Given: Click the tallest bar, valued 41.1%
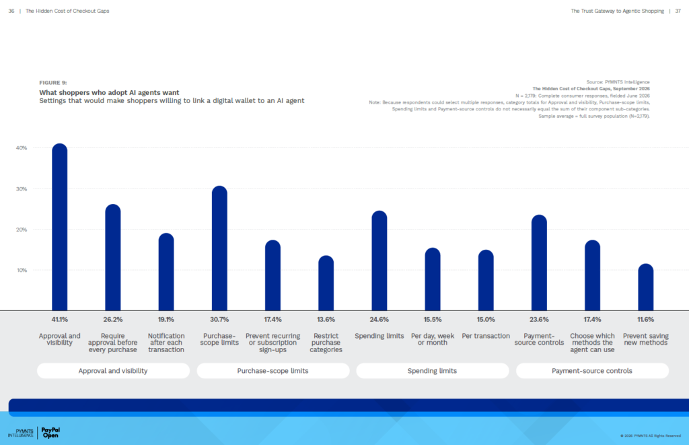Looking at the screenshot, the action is point(60,227).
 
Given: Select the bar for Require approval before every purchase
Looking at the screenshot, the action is point(113,257).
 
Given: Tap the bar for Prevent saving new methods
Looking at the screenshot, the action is point(645,287).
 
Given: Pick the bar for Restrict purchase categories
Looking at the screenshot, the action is point(326,283).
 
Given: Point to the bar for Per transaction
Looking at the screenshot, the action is point(486,280).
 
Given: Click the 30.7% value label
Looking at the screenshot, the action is point(219,320).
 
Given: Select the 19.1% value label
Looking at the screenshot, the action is point(166,320).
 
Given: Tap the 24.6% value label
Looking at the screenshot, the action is point(379,320).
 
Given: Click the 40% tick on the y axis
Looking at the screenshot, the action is point(22,148).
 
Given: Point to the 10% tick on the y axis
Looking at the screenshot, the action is point(22,271).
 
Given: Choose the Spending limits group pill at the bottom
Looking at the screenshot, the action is point(433,371).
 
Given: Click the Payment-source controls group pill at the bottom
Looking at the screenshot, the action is point(592,371).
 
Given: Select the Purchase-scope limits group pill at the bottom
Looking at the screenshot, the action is point(273,371).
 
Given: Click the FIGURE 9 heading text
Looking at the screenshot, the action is point(53,83).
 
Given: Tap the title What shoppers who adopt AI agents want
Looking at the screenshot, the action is point(109,92).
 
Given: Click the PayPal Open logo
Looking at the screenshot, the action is point(50,433).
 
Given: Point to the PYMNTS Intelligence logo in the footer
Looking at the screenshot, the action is point(21,433).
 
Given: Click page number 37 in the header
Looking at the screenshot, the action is point(678,11).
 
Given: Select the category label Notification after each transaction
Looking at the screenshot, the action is point(166,343).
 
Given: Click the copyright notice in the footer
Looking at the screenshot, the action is point(651,436).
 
